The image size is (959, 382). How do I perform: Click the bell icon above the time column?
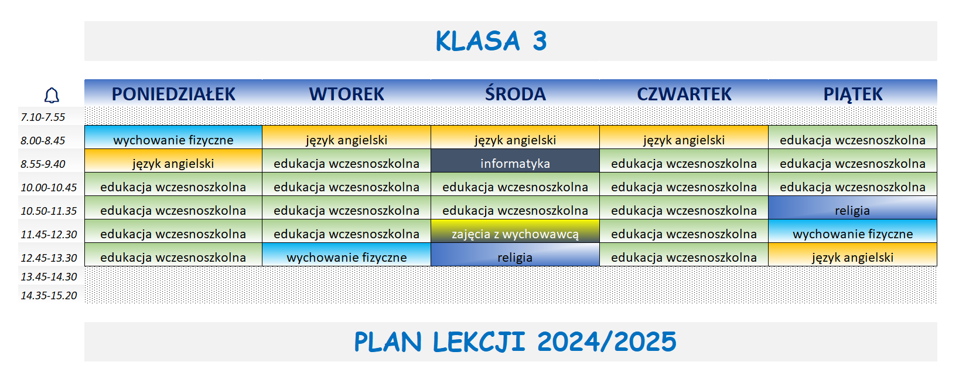click(52, 95)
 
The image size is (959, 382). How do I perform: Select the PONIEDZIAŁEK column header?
click(173, 94)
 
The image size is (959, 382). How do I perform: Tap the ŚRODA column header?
click(515, 94)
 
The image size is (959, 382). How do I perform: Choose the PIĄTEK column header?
click(852, 94)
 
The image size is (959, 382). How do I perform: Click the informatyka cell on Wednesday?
click(515, 163)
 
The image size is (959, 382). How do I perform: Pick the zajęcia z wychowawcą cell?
click(515, 234)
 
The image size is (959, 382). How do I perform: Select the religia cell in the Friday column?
click(852, 210)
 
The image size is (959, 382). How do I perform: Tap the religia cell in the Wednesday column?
click(515, 257)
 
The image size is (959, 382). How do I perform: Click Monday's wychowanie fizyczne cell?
click(173, 140)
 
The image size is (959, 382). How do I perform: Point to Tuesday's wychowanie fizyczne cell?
click(346, 257)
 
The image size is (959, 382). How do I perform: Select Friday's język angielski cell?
click(852, 257)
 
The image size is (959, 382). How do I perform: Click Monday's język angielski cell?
click(173, 163)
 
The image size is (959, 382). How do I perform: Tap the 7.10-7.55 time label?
click(43, 117)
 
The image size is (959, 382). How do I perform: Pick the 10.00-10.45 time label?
click(49, 187)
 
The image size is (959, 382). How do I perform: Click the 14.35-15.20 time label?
click(49, 295)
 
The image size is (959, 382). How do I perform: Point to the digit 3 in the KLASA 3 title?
click(540, 41)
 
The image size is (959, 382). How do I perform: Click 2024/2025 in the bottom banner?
click(606, 342)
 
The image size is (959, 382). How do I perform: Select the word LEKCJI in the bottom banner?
click(479, 342)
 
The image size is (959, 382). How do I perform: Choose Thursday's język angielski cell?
click(684, 140)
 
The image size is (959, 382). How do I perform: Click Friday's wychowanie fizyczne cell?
click(852, 234)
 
